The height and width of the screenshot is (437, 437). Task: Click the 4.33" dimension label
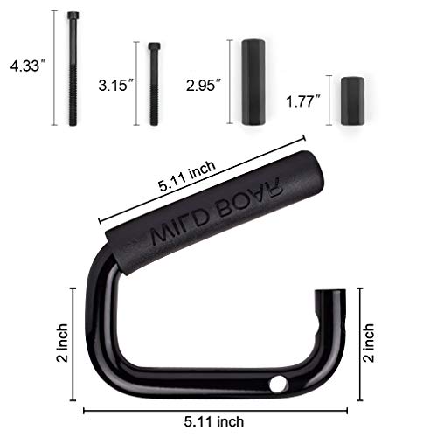pyautogui.click(x=27, y=66)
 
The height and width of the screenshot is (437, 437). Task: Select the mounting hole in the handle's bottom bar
pyautogui.click(x=280, y=382)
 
